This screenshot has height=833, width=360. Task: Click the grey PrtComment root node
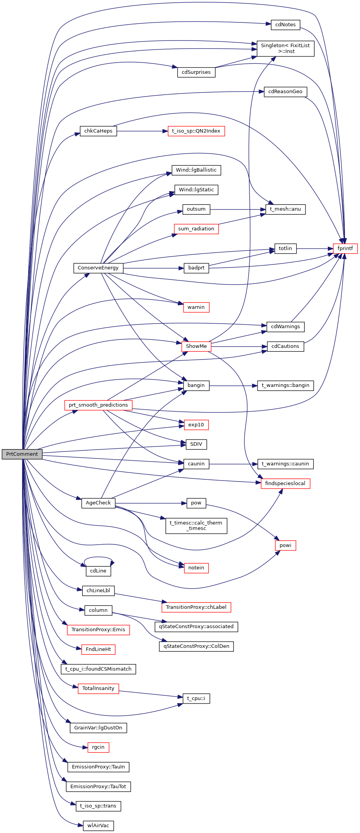(x=22, y=454)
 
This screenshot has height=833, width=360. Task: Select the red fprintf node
(x=345, y=249)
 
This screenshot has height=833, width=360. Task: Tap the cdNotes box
(x=285, y=25)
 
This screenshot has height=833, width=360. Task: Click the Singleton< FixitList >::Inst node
(x=285, y=48)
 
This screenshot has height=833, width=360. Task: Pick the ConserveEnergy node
(x=98, y=268)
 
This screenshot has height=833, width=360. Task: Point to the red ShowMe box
(x=196, y=346)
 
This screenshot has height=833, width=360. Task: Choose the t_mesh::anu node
(x=285, y=210)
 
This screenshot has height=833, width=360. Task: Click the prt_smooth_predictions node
(x=98, y=405)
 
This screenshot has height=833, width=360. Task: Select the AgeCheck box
(x=98, y=503)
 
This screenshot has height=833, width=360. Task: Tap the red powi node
(x=285, y=545)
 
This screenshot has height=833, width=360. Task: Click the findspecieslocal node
(x=285, y=484)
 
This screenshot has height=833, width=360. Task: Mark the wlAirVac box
(x=98, y=826)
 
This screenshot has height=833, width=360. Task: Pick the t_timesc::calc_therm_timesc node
(x=196, y=526)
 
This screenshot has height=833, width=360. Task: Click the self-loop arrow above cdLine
(x=99, y=557)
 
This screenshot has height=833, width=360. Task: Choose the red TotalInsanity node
(x=98, y=688)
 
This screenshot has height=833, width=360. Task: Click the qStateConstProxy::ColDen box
(x=196, y=646)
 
